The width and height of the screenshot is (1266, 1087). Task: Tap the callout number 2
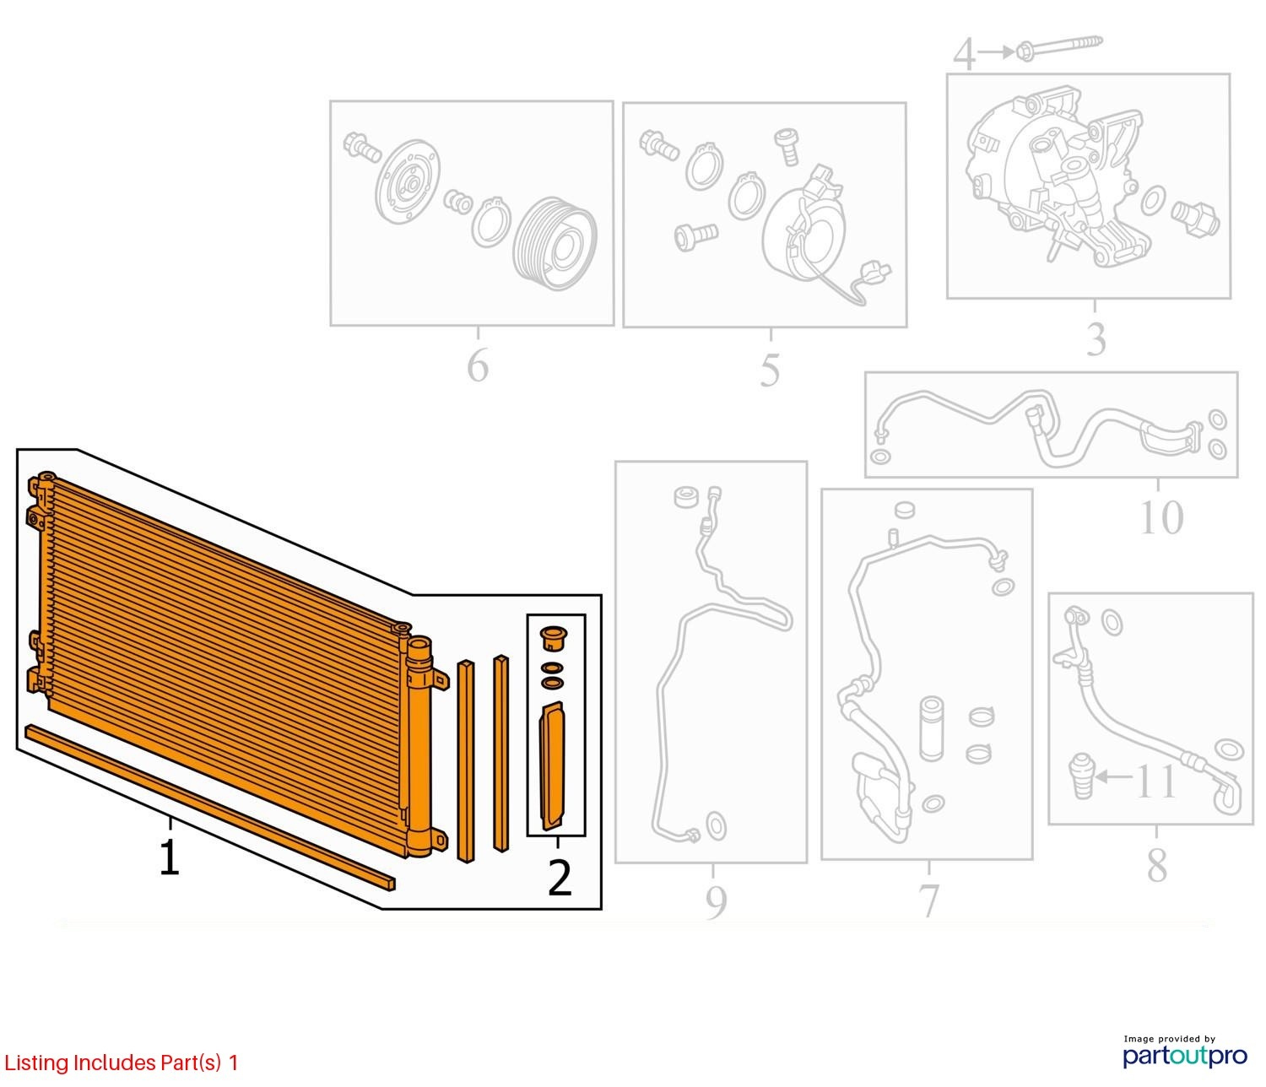tap(560, 879)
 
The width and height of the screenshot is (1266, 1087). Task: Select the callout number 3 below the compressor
tap(1096, 338)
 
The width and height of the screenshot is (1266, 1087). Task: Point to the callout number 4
tap(964, 54)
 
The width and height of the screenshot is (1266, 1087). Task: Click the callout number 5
tap(770, 370)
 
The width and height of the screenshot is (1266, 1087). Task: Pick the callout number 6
tap(478, 365)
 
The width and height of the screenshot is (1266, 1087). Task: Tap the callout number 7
tap(928, 900)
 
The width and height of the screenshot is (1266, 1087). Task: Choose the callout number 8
tap(1156, 866)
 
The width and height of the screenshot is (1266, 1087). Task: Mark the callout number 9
tap(716, 901)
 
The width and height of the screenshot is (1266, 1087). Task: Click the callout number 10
tap(1160, 517)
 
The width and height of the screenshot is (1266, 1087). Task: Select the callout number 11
tap(1155, 781)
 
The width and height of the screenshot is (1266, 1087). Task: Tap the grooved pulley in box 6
tap(555, 243)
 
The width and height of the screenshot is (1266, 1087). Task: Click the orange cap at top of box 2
tap(553, 640)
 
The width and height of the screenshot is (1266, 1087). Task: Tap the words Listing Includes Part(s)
tap(112, 1063)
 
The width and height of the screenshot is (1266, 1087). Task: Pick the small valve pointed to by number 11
tap(1083, 776)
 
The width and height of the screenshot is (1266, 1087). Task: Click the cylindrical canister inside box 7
tap(931, 729)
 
